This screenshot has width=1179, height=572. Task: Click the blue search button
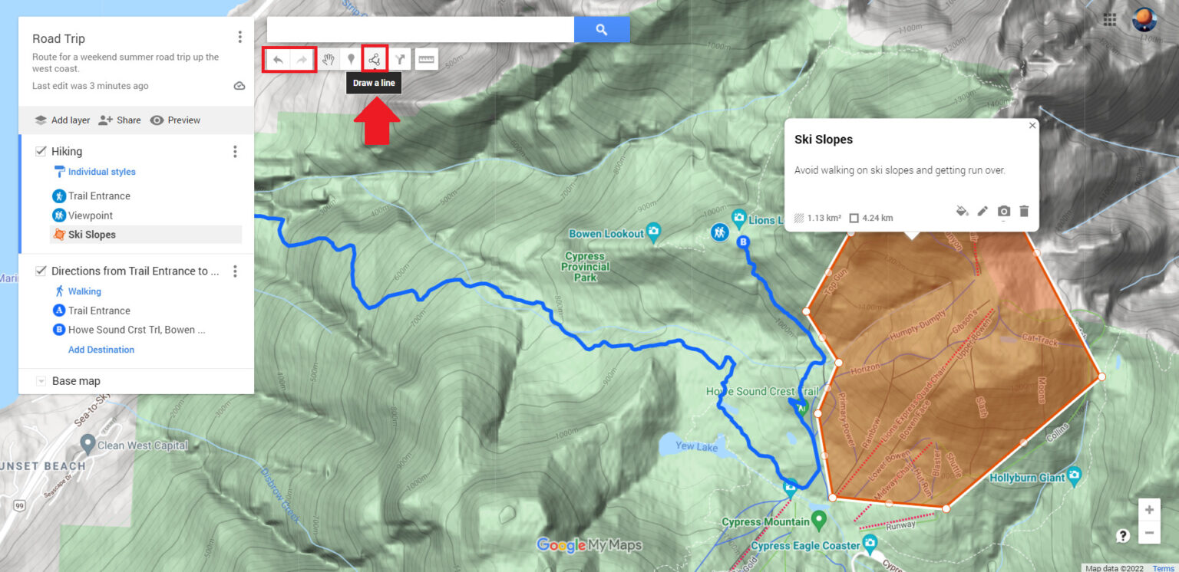pos(602,30)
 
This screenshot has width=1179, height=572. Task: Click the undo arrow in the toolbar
pos(278,59)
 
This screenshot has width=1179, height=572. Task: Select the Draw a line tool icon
pos(375,59)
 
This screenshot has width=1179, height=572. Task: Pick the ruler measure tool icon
pos(426,59)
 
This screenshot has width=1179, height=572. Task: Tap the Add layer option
pos(62,120)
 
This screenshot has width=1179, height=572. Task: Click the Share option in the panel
pos(120,120)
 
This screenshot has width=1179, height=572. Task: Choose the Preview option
pos(175,120)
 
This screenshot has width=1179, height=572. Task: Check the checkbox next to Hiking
pos(41,152)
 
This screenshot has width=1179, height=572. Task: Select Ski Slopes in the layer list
pos(91,235)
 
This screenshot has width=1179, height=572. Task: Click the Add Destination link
pos(101,350)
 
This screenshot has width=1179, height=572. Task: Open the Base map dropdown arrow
pos(41,381)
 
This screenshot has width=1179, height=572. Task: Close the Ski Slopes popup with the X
pos(1032,126)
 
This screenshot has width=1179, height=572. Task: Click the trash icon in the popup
pos(1024,211)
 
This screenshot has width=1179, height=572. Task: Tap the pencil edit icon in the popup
pos(982,211)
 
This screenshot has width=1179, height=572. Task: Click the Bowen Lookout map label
pos(606,233)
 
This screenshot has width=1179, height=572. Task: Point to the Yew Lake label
pos(695,446)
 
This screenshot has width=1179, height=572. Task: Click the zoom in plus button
pos(1149,510)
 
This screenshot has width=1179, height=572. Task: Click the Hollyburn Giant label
pos(1027,478)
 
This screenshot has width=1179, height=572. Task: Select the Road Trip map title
pos(58,39)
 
